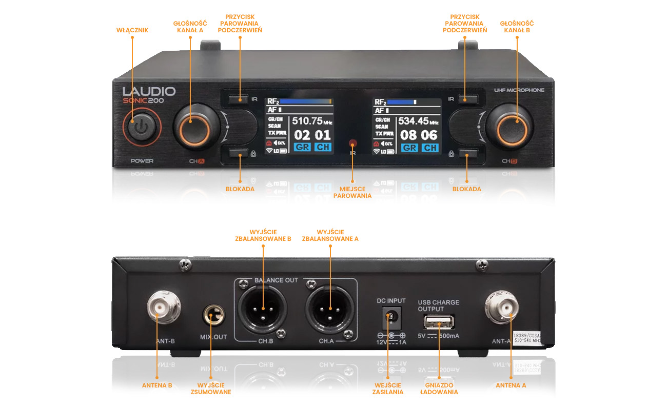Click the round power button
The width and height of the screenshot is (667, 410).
(x=141, y=127)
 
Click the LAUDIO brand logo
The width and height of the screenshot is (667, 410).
(x=149, y=92)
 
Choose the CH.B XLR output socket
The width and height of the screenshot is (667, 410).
(x=262, y=309)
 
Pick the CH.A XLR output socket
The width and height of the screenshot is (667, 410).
(x=329, y=309)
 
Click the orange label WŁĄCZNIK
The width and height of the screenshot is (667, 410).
(x=132, y=30)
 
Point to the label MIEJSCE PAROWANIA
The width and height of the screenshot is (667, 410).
(x=352, y=193)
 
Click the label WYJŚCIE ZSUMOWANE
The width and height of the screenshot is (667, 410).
(x=214, y=388)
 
